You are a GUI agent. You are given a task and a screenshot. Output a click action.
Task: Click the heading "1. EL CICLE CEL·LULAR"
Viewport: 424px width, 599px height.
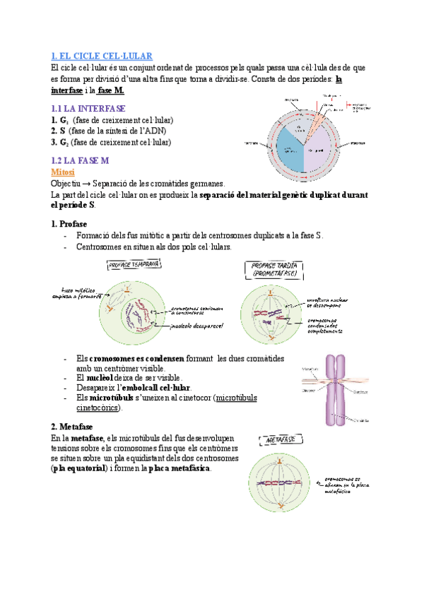tap(102, 56)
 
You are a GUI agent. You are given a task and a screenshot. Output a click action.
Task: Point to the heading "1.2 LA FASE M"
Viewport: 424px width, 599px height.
tap(81, 160)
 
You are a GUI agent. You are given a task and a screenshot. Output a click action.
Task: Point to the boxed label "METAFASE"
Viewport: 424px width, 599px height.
tap(279, 441)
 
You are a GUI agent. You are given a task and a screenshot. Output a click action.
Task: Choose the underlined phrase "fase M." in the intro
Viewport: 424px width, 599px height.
tap(111, 91)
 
